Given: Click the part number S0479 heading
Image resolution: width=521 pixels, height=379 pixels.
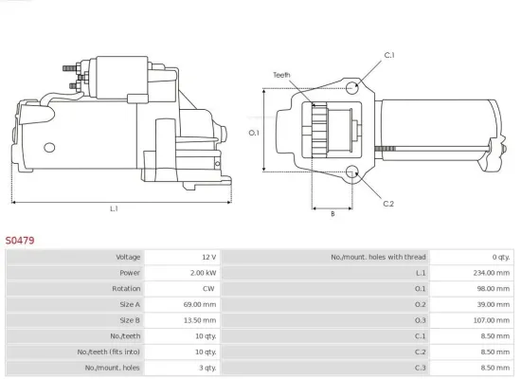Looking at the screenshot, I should coord(21,241).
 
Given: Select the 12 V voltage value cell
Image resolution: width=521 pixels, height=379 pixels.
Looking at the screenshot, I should coord(207,257).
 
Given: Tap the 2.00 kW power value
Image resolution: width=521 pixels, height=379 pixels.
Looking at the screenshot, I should coord(203,273).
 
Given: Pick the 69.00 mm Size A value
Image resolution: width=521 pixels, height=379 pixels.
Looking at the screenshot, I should coord(201,304).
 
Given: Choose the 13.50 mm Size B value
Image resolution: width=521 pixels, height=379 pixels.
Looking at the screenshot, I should coord(201,320).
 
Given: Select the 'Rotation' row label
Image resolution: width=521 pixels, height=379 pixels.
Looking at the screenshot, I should coord(126,289).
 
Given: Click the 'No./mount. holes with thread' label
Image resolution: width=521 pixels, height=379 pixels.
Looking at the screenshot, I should coord(378,257).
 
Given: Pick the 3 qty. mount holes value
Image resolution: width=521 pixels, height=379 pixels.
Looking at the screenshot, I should coord(208,368).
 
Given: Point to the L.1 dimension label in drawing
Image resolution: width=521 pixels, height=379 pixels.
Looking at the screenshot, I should coord(114,208).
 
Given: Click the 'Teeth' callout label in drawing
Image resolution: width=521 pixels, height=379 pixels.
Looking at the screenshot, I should coord(281,74).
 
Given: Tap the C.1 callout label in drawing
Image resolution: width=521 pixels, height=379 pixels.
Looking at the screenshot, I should coord(388,55).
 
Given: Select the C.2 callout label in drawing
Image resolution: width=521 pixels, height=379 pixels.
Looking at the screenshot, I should coord(388,204).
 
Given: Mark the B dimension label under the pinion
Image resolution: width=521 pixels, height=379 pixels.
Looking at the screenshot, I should coord(332,214).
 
